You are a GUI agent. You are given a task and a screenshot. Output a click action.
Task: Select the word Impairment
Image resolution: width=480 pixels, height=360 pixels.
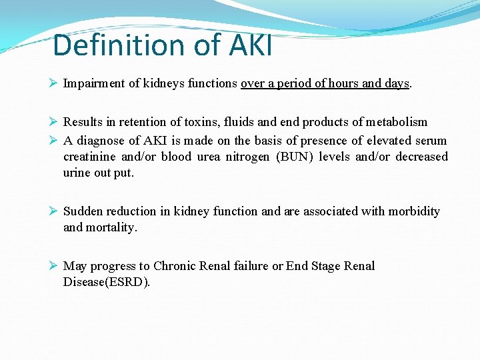(x=93, y=84)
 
